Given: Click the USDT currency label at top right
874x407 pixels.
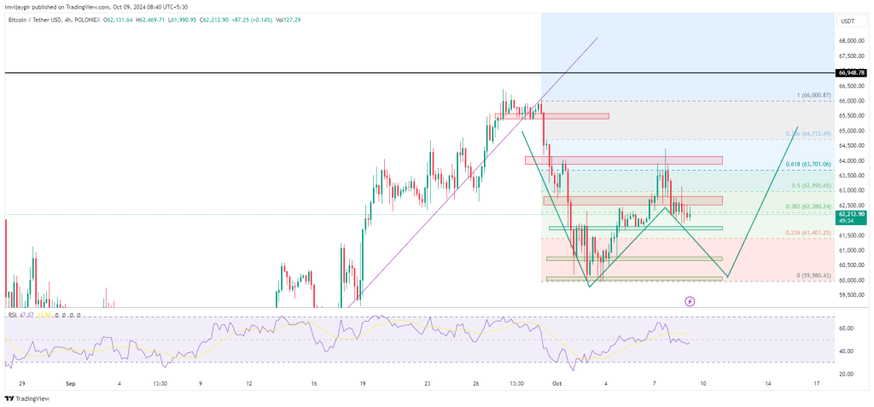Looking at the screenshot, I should click(848, 21).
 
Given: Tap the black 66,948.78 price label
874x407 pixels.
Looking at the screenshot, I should click(850, 73).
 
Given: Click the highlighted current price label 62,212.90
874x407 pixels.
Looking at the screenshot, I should click(850, 214).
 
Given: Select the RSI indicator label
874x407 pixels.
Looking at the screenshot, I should click(14, 315).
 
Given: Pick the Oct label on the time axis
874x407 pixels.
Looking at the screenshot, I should click(557, 384).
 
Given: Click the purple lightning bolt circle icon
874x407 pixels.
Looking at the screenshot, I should click(690, 301).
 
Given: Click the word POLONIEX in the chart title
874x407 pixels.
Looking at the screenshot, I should click(84, 8).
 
